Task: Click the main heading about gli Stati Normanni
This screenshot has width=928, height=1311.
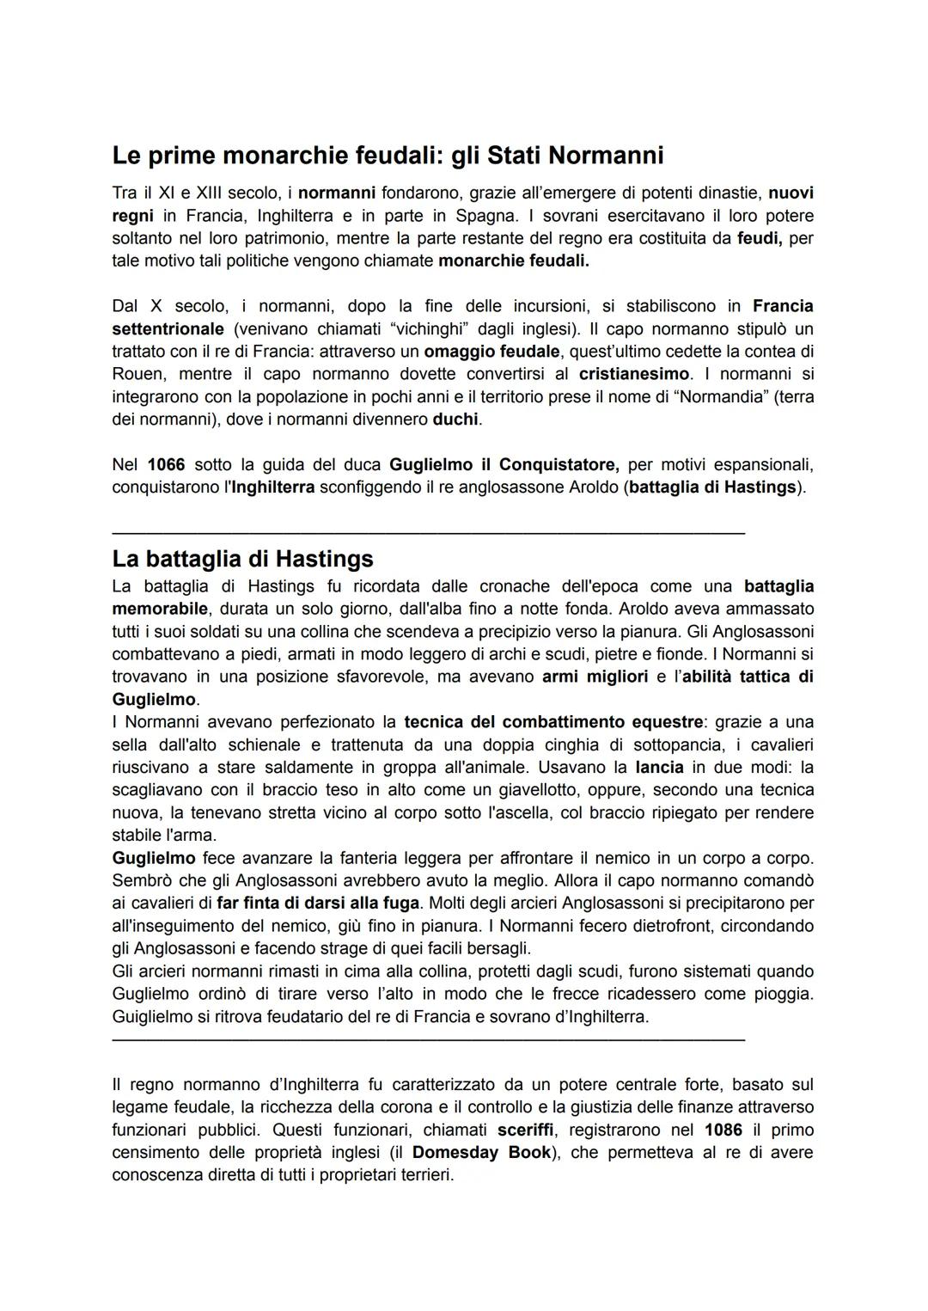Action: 388,156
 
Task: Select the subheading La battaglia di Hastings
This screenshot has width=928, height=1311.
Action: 242,559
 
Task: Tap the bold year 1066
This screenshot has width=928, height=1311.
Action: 166,465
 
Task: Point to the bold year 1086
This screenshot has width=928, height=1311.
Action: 723,1130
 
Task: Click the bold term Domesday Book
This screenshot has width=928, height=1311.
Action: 481,1152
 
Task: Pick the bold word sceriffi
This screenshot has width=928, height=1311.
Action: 525,1130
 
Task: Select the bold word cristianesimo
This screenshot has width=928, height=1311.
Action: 634,374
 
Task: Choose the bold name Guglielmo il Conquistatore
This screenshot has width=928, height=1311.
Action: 504,465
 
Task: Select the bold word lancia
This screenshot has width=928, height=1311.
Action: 659,767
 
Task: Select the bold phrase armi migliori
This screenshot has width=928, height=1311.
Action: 595,677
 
